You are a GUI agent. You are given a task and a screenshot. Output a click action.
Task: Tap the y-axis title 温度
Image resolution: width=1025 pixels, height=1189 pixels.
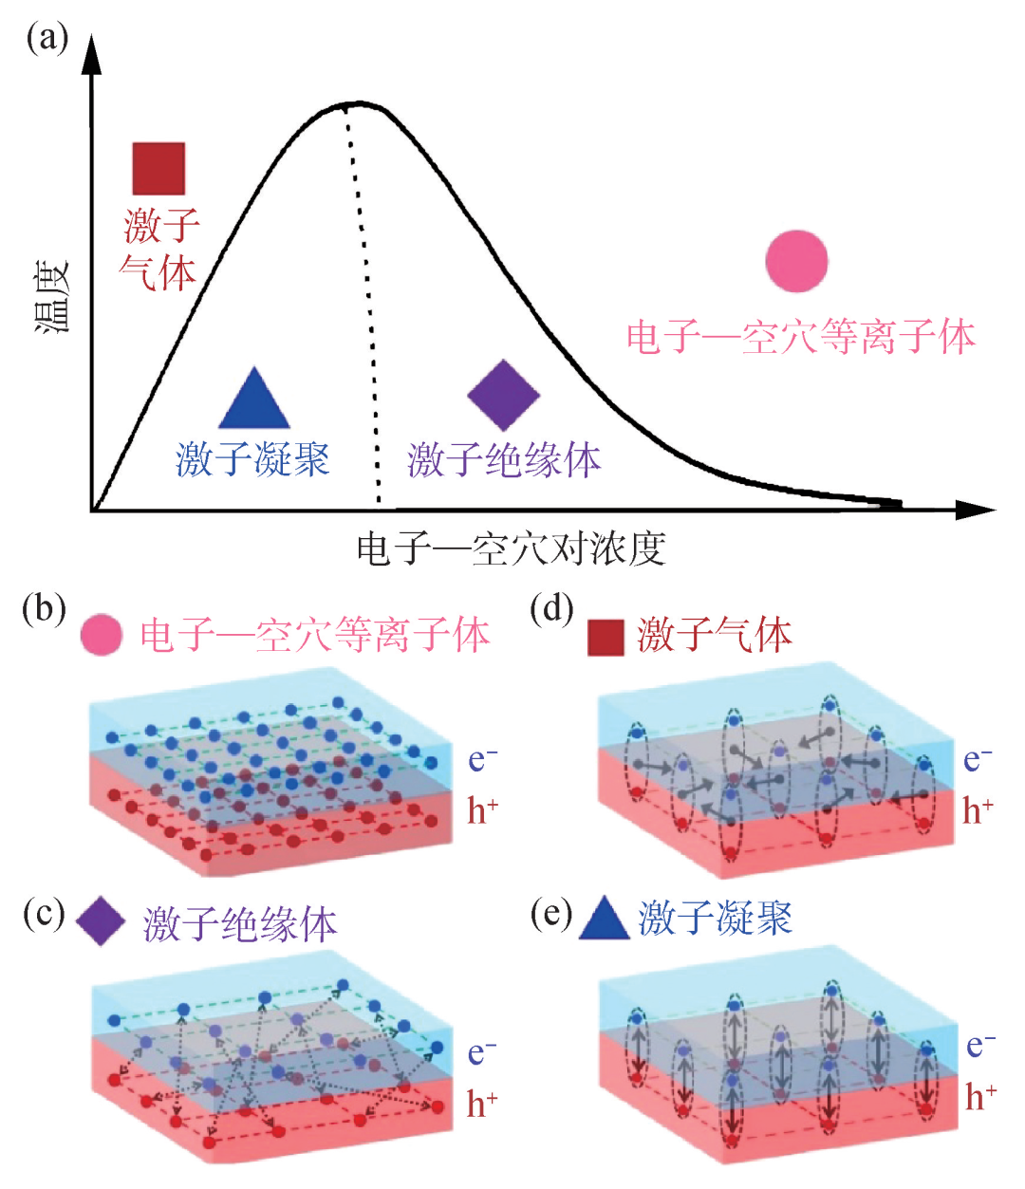coord(53,297)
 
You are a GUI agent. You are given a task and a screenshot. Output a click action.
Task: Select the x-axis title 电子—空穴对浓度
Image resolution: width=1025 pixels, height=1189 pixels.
coord(511,549)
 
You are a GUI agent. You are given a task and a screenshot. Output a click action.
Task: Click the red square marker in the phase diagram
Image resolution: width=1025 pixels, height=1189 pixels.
coord(158,169)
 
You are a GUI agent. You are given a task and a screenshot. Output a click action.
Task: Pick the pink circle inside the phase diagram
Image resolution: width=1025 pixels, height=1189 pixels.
coord(797,261)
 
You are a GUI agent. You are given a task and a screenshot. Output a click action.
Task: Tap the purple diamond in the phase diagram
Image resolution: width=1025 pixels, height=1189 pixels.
coord(504,395)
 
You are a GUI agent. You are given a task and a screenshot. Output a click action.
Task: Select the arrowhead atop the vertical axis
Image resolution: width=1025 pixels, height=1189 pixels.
coord(92,52)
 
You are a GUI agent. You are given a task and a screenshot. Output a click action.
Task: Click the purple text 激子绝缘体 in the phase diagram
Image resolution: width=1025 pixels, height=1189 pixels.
coord(504,460)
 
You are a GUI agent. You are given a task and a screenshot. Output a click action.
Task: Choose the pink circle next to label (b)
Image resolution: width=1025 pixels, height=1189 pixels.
coord(102,635)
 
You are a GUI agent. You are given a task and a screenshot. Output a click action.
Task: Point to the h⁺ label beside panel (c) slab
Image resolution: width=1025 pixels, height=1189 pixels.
coord(482,1104)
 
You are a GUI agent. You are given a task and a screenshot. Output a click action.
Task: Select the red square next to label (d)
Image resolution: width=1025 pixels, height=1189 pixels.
coord(606,638)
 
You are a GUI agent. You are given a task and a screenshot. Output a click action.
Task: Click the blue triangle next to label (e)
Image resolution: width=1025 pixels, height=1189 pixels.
coord(605,919)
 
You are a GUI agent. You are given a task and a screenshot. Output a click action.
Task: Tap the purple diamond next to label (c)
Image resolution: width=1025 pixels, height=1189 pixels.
coord(101,921)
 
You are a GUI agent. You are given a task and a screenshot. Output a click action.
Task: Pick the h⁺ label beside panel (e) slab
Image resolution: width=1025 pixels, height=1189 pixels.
coord(980,1097)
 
